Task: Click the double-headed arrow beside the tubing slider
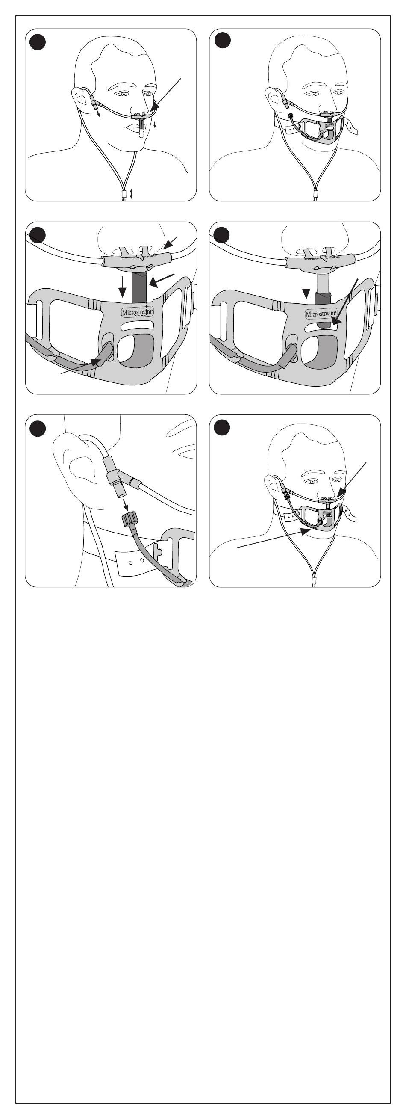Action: (132, 194)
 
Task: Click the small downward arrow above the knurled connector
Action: (126, 504)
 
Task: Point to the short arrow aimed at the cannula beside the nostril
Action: (170, 243)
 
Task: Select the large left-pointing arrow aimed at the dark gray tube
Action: (162, 280)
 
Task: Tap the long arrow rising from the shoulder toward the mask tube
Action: (274, 538)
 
